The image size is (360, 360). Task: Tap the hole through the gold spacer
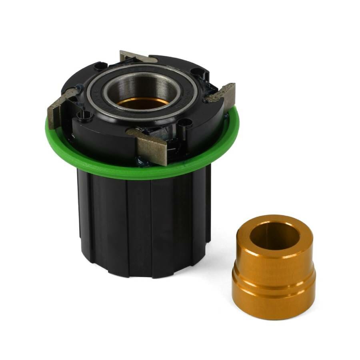(x=275, y=236)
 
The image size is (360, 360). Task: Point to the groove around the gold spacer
(x=274, y=275)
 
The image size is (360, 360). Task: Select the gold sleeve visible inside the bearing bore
(x=142, y=102)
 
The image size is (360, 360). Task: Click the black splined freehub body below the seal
(x=144, y=228)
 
